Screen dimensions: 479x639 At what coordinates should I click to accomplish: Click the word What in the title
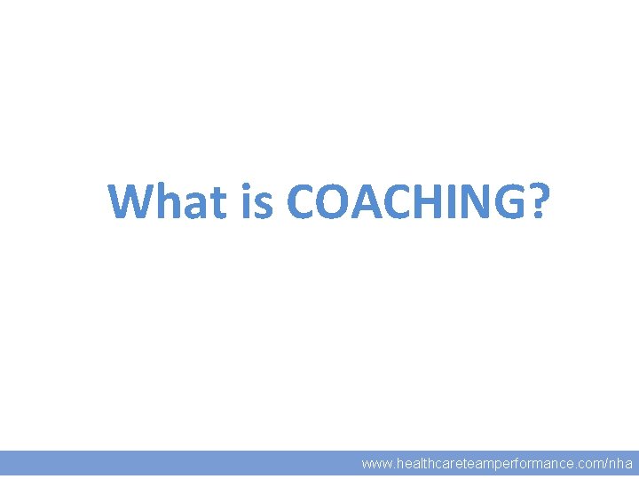tap(168, 201)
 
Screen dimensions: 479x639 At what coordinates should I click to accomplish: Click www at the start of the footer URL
tap(375, 464)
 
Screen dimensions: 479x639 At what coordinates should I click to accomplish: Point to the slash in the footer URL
tap(606, 464)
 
